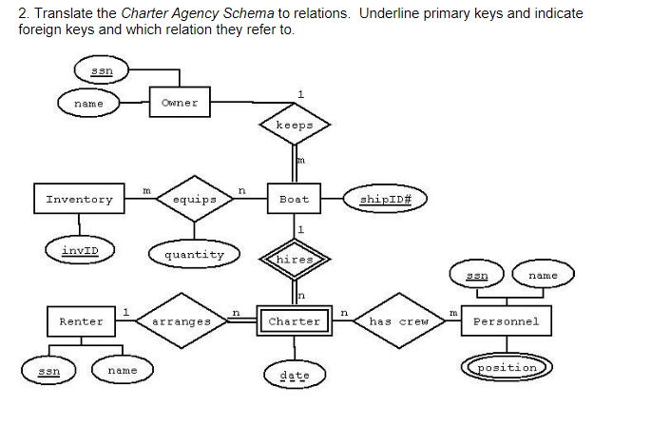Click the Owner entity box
click(x=180, y=102)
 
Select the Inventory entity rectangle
click(x=79, y=200)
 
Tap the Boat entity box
click(x=294, y=200)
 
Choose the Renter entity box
click(x=81, y=321)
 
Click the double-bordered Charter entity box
click(x=294, y=321)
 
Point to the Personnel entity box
click(x=506, y=321)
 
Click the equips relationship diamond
click(x=194, y=200)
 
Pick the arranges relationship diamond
click(x=181, y=321)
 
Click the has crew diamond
click(x=399, y=321)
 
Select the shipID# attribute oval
click(x=385, y=199)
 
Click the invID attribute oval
click(x=80, y=251)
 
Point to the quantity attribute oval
click(x=194, y=254)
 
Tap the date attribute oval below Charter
click(x=295, y=375)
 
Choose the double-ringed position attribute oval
click(x=507, y=367)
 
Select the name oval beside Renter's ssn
click(x=122, y=370)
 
